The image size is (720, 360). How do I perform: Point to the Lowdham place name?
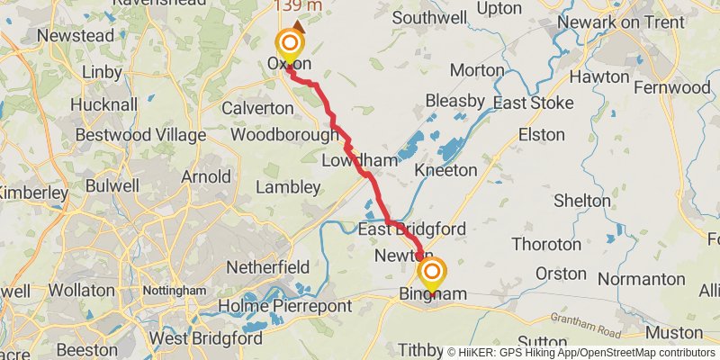[x=360, y=160]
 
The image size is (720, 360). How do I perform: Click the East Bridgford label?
[x=411, y=229]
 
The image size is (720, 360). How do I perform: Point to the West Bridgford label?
[x=205, y=338]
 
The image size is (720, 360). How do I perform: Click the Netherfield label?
[x=268, y=267]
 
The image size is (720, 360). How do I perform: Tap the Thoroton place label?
[x=546, y=244]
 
